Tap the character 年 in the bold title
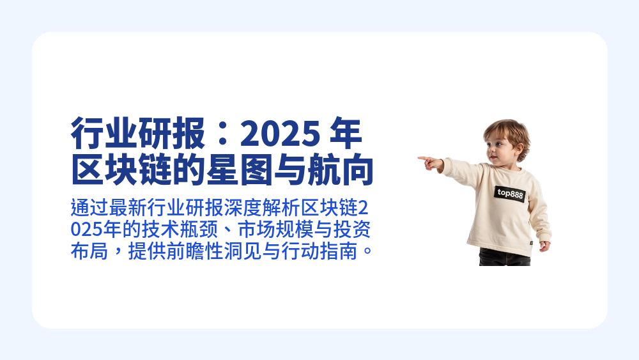346,134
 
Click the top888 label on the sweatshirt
510,193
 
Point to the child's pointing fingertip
420,158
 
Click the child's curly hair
507,130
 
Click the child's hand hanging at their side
544,246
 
